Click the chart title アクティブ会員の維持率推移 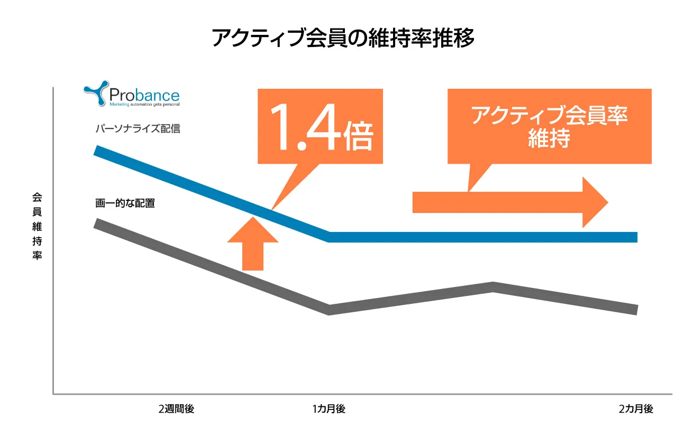343,39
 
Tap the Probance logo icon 96,94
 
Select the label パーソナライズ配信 138,128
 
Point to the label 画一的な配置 125,203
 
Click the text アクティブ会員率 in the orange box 549,116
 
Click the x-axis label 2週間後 176,409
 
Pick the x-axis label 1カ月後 329,409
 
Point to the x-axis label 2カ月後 636,409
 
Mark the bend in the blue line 330,236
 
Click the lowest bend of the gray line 330,310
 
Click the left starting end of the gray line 96,223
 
